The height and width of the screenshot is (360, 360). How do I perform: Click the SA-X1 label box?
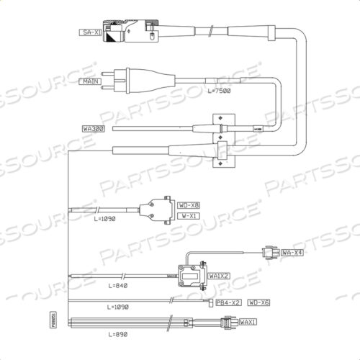[x=90, y=33]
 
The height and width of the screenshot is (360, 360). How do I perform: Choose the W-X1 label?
[x=189, y=215]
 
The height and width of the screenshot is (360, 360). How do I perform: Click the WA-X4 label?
[x=292, y=253]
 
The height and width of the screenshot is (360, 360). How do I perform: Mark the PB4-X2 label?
[x=228, y=302]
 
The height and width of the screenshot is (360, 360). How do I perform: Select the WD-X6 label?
[x=258, y=302]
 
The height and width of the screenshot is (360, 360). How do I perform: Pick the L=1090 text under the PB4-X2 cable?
[x=117, y=307]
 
